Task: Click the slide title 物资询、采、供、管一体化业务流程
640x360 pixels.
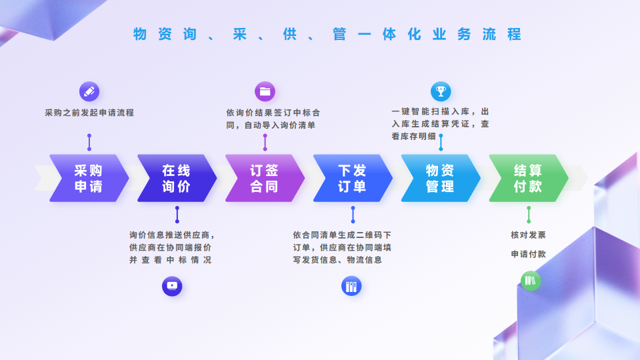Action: click(x=327, y=34)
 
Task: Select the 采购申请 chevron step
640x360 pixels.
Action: click(x=89, y=178)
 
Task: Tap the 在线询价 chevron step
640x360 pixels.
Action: click(x=177, y=178)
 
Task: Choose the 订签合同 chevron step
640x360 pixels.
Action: click(x=265, y=178)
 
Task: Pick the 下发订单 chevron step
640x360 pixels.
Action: click(x=353, y=178)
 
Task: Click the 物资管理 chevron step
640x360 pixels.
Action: click(x=441, y=178)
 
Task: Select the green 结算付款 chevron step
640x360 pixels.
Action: click(x=529, y=178)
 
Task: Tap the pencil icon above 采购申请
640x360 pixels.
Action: click(x=89, y=91)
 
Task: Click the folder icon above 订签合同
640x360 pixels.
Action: click(x=265, y=91)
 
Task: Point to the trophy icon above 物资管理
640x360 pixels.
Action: click(x=441, y=91)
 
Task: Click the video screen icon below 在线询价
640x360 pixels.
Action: click(x=172, y=286)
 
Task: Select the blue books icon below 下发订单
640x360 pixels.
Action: click(x=351, y=286)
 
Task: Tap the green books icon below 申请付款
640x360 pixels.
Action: click(x=531, y=281)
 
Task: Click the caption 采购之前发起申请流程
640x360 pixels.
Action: click(x=89, y=113)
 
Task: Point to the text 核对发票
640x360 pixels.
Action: click(x=529, y=235)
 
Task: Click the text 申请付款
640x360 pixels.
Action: click(x=529, y=254)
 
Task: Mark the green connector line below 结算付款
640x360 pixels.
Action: click(x=529, y=215)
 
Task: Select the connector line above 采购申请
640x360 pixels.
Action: click(x=89, y=142)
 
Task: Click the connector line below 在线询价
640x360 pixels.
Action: click(x=177, y=215)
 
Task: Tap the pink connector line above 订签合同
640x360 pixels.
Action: click(x=265, y=142)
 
